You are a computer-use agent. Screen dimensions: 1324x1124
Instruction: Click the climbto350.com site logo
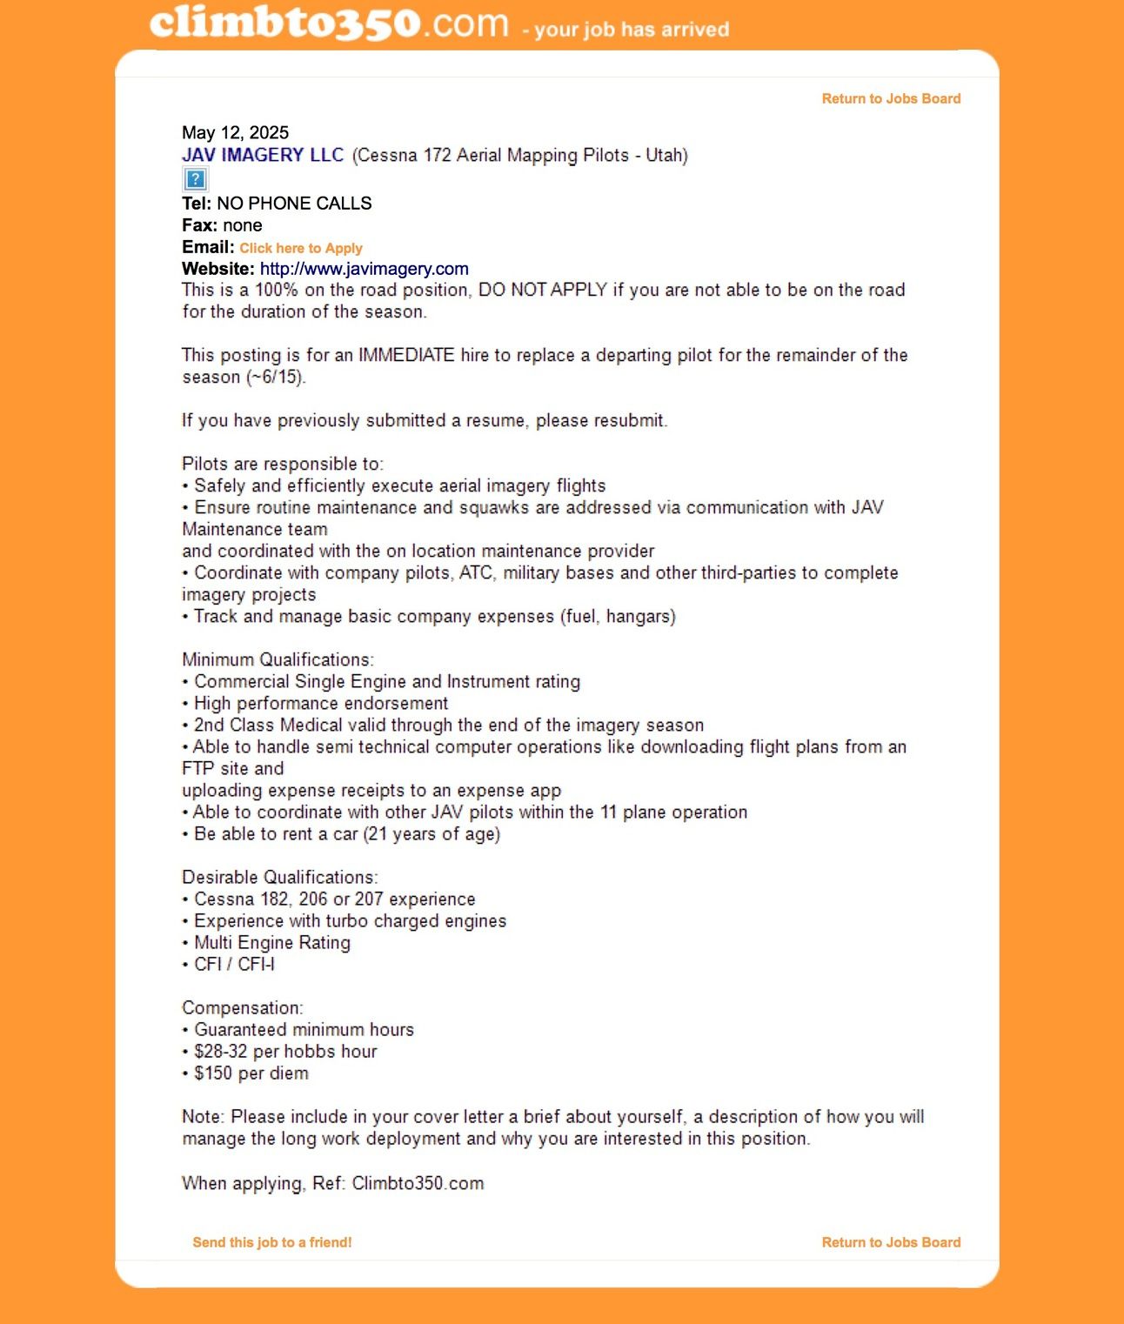point(329,23)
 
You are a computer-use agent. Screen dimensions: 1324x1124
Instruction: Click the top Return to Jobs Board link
point(891,99)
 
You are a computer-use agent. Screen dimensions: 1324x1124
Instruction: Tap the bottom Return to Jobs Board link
point(891,1242)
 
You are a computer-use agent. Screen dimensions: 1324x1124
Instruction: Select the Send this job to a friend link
point(272,1242)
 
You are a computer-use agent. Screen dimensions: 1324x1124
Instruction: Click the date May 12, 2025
point(235,133)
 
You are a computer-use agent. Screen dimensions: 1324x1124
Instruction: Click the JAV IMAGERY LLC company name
point(263,156)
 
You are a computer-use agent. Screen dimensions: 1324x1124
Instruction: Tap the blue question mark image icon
point(195,179)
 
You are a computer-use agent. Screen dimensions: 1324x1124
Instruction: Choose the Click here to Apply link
point(301,248)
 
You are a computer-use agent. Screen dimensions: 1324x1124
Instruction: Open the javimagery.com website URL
point(364,269)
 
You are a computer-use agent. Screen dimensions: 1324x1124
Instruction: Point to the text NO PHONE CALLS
point(294,204)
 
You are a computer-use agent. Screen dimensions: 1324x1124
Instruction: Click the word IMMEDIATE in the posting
point(406,355)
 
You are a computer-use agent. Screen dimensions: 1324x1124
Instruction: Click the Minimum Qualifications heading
point(278,660)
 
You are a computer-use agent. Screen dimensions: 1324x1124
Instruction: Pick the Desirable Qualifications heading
point(280,878)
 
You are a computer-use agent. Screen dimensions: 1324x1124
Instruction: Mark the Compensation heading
point(243,1008)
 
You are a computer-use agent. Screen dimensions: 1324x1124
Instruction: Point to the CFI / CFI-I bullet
point(233,965)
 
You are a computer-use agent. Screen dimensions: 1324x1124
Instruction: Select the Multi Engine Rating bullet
point(271,943)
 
